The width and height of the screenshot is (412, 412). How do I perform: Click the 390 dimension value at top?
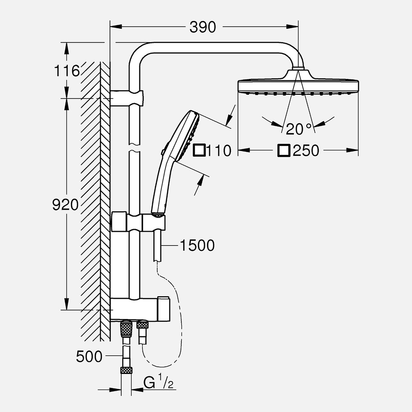[x=203, y=27]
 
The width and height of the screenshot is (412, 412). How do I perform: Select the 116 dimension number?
[x=67, y=71]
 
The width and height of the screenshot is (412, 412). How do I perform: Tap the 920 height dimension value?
[x=65, y=205]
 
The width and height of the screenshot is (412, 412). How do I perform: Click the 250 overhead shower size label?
[x=306, y=151]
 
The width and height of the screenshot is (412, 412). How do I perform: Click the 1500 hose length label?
[x=197, y=245]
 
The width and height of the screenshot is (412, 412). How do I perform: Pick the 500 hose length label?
[x=89, y=357]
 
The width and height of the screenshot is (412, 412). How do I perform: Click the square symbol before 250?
[x=284, y=151]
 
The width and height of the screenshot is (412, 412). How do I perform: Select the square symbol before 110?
[x=199, y=151]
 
